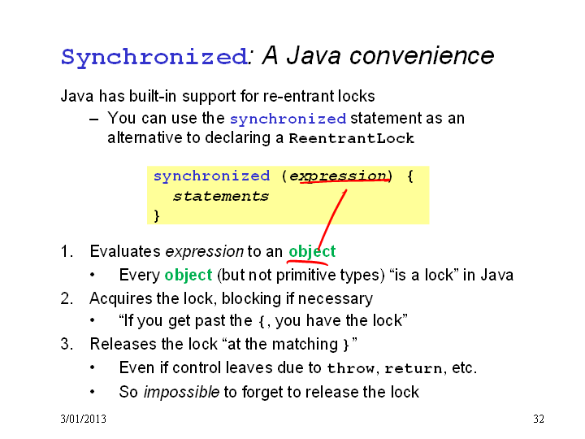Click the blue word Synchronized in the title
pyautogui.click(x=154, y=57)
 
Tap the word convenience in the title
pyautogui.click(x=422, y=55)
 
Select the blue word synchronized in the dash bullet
pyautogui.click(x=288, y=119)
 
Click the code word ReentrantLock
pyautogui.click(x=352, y=138)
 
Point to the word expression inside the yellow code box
pyautogui.click(x=338, y=176)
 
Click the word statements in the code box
pyautogui.click(x=221, y=197)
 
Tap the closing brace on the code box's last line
pyautogui.click(x=157, y=215)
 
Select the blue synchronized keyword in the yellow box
pyautogui.click(x=211, y=176)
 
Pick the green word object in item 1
pyautogui.click(x=312, y=251)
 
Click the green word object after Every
pyautogui.click(x=188, y=275)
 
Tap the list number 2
pyautogui.click(x=67, y=298)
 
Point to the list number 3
pyautogui.click(x=67, y=344)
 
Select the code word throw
pyautogui.click(x=350, y=368)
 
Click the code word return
pyautogui.click(x=414, y=369)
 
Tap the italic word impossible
pyautogui.click(x=182, y=392)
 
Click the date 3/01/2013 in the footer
pyautogui.click(x=83, y=419)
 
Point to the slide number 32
pyautogui.click(x=539, y=419)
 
